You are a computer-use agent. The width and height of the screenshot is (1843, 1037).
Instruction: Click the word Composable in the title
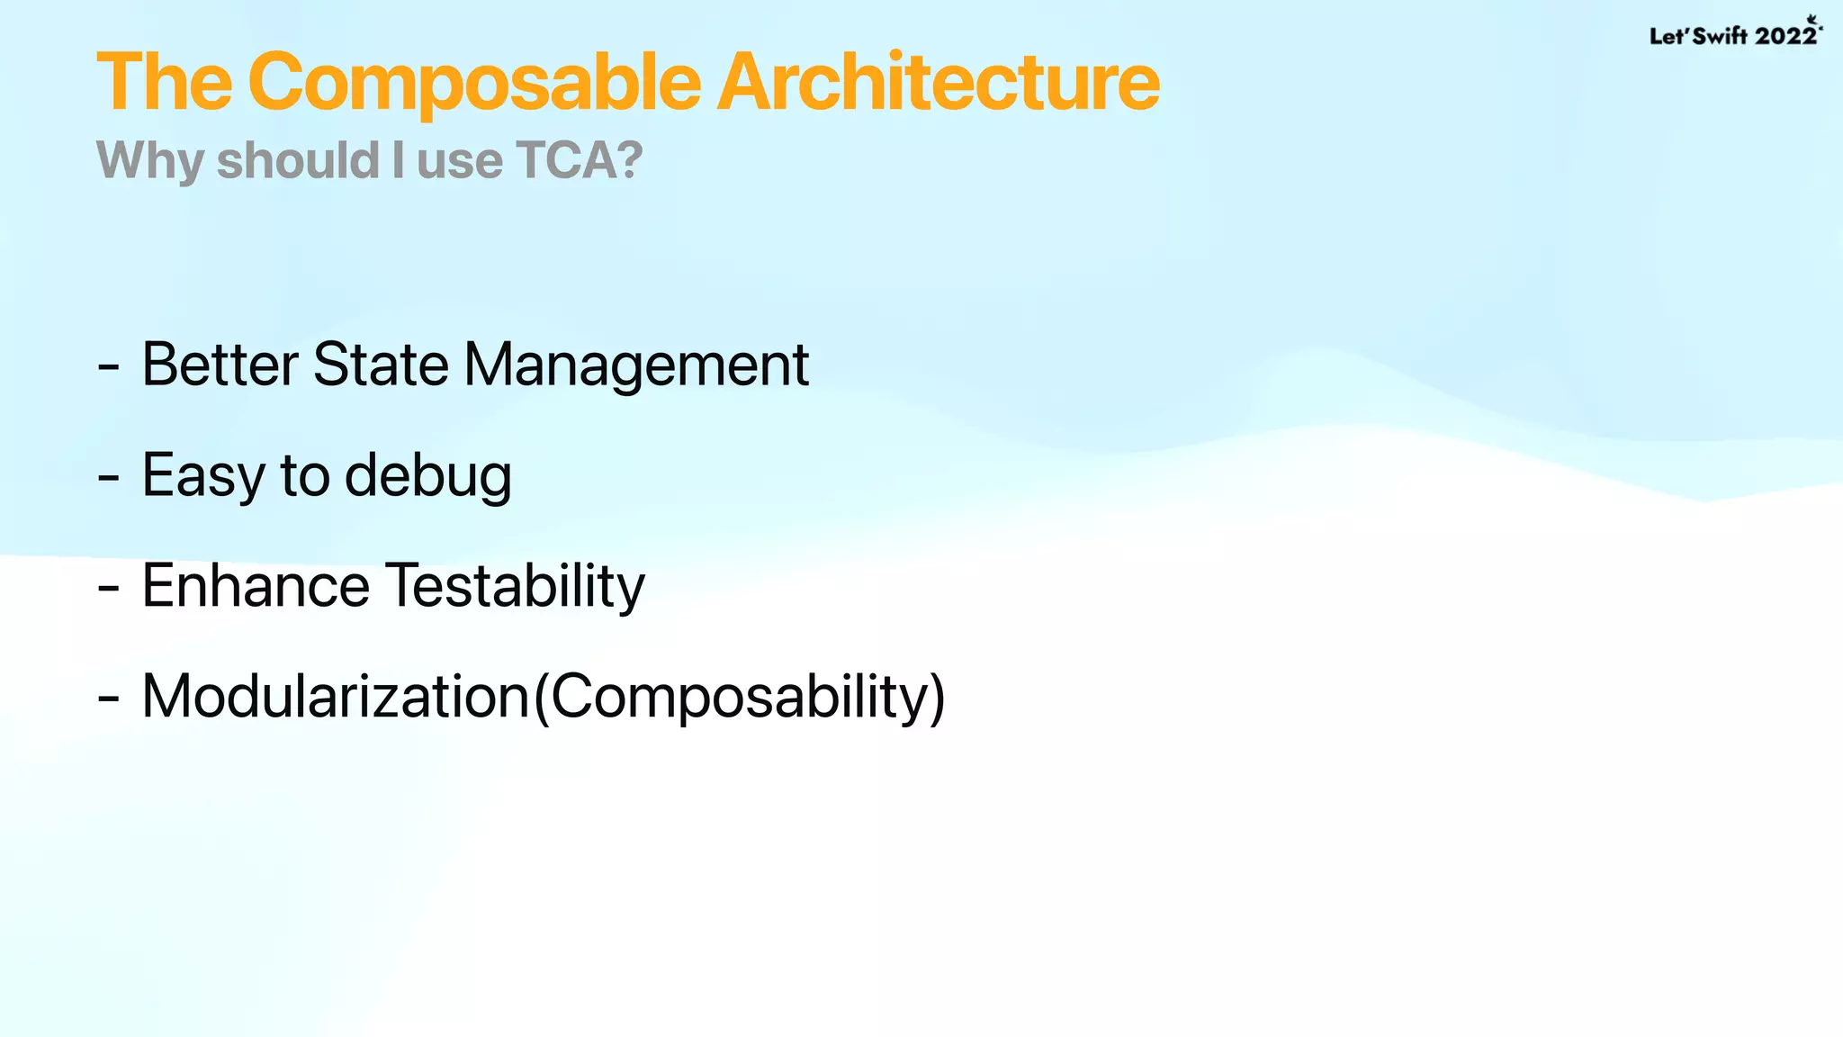(x=474, y=83)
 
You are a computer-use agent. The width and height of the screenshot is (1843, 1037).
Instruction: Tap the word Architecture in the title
(x=938, y=83)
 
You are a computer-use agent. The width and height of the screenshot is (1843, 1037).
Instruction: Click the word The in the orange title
(x=164, y=83)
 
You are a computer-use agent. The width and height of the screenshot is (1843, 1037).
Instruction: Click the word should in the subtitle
(x=298, y=160)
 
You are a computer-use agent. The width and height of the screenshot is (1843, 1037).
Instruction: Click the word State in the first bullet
(x=381, y=365)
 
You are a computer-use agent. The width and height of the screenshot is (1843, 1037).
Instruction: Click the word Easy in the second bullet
(x=202, y=477)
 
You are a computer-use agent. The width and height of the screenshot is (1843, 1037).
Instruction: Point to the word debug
(x=428, y=477)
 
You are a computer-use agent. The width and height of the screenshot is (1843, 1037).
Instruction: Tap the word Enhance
(x=256, y=587)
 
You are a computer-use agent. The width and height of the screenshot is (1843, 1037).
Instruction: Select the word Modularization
(x=336, y=697)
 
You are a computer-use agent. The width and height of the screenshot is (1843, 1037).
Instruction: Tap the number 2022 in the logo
(x=1785, y=36)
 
